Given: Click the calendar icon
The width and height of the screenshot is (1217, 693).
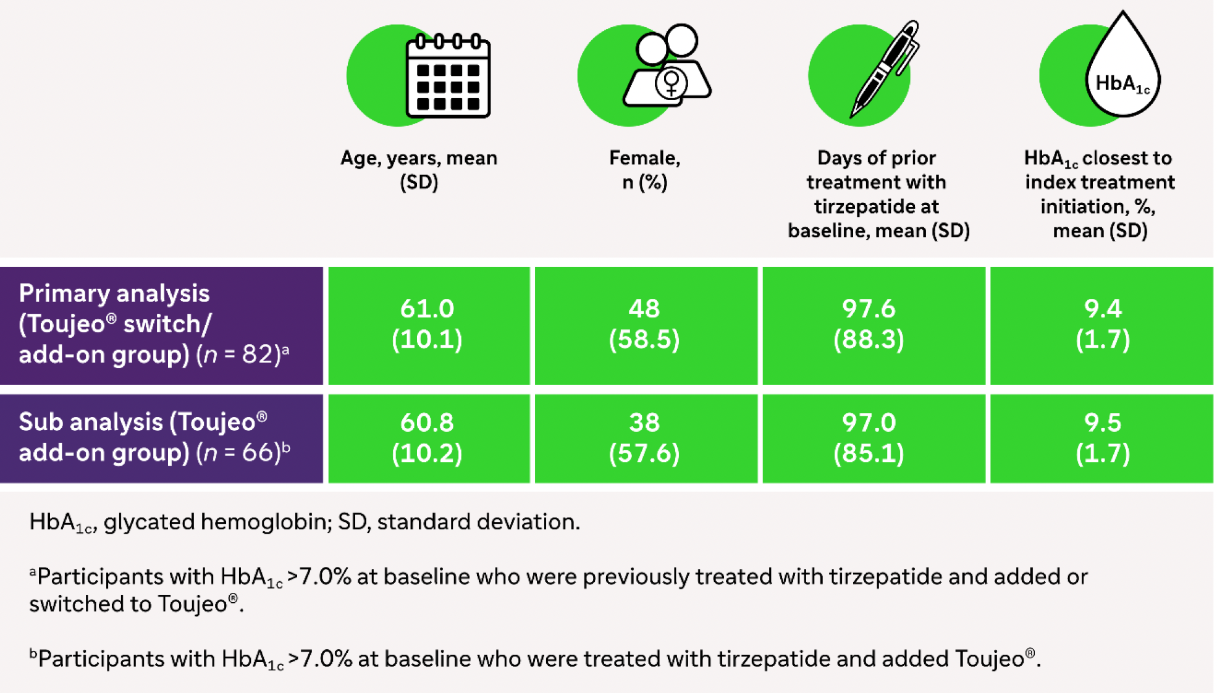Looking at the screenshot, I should [448, 76].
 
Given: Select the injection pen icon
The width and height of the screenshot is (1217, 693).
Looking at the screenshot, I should [885, 69].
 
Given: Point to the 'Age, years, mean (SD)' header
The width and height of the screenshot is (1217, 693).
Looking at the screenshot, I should [419, 170].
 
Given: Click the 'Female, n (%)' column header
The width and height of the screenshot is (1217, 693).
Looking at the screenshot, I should [644, 170].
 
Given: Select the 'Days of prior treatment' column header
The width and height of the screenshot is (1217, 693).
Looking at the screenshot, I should [878, 194].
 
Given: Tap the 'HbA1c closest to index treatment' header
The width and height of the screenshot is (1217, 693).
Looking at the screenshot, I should [1100, 194].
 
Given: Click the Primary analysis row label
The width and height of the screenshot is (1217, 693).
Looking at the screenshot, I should [154, 324].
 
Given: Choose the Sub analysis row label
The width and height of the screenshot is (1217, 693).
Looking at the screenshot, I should [154, 438].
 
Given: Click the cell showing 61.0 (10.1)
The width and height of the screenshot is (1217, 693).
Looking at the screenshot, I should [427, 324].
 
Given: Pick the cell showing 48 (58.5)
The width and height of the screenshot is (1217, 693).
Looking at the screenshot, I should [644, 324].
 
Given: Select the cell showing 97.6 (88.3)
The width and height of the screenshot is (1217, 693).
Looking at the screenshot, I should [869, 324].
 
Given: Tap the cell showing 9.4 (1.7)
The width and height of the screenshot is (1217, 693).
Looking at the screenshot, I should [1103, 324].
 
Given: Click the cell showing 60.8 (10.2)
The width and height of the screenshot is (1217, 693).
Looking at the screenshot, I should [427, 438].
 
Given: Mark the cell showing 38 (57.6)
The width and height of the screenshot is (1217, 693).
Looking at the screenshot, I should [644, 438].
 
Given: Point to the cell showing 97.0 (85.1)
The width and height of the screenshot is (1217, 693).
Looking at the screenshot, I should [869, 438].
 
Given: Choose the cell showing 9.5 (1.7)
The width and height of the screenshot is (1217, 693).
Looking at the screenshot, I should [1103, 438].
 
